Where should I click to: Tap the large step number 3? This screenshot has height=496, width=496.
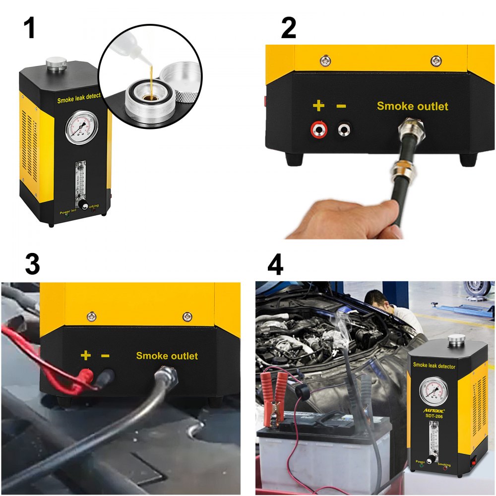tap(32, 264)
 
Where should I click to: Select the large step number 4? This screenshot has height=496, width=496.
tap(275, 264)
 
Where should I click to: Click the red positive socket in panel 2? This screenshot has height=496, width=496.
tap(318, 130)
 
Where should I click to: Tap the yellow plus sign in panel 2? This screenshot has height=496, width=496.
tap(318, 106)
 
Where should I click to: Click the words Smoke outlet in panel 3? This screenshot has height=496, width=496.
tap(167, 356)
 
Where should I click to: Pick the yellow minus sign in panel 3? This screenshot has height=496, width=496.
tap(105, 356)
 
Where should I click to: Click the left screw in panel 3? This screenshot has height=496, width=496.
tap(91, 316)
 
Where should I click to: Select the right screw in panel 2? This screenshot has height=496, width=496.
tap(435, 60)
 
